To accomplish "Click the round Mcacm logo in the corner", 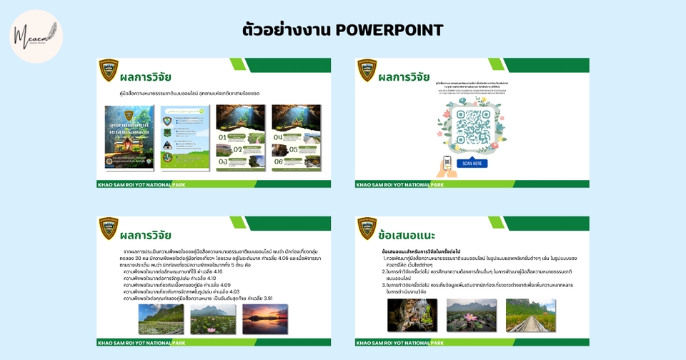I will [36, 36].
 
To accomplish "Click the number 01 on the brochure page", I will [223, 136].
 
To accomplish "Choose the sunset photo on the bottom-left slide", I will [265, 319].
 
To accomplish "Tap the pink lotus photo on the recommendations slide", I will [472, 314].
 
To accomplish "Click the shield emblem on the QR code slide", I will [367, 69].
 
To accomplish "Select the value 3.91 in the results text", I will [264, 298].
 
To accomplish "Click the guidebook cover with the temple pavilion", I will [129, 138].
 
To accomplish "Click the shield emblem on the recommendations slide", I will [367, 227].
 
